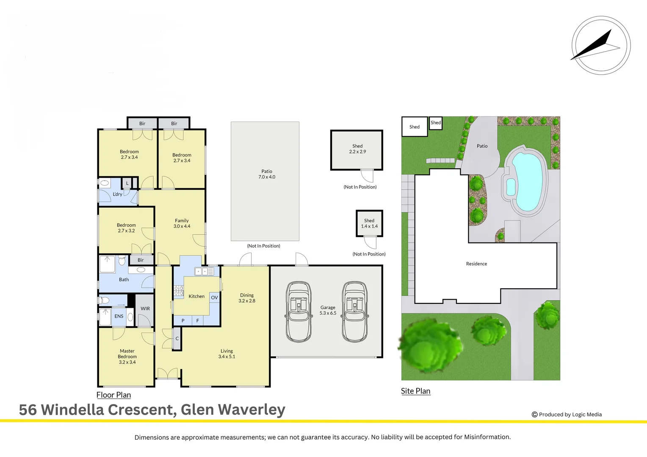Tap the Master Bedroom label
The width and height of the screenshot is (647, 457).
(127, 356)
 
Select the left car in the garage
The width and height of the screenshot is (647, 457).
(299, 312)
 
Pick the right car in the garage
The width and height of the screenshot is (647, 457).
(354, 312)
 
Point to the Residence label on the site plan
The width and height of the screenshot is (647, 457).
(476, 264)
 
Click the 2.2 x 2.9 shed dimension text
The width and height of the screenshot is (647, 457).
(357, 151)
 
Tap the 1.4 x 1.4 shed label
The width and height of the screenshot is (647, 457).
(369, 226)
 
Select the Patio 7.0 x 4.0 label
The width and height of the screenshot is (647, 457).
(267, 174)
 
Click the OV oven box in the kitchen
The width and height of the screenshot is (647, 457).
(215, 297)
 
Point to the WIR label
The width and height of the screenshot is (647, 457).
(145, 308)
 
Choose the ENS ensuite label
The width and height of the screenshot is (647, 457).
(119, 316)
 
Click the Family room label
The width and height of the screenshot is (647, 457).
(182, 223)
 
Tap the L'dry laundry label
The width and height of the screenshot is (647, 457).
(117, 194)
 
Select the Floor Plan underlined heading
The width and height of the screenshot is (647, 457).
(113, 395)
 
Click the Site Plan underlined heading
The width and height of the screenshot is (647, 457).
(415, 391)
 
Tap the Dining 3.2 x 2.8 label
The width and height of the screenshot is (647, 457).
(247, 298)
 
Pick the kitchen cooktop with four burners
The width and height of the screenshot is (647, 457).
(179, 290)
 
